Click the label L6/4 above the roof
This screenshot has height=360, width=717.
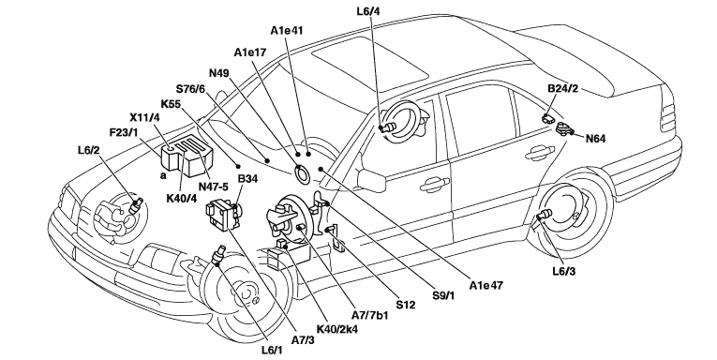click(x=368, y=11)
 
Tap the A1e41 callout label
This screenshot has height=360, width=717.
click(x=287, y=31)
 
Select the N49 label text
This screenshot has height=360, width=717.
click(x=219, y=74)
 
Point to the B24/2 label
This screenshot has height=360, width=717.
click(x=563, y=88)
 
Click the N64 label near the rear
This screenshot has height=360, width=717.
click(x=595, y=138)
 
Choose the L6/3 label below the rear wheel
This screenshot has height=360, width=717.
click(x=564, y=271)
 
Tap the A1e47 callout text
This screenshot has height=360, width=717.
click(x=486, y=285)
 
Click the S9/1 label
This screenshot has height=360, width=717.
click(x=443, y=295)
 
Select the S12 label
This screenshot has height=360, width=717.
click(x=405, y=305)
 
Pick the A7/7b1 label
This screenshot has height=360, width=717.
click(x=369, y=316)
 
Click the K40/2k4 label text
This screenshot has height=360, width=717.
click(x=337, y=329)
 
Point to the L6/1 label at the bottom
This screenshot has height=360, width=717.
click(x=272, y=351)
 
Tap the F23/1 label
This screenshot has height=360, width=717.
click(x=124, y=132)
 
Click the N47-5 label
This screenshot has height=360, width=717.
click(x=213, y=187)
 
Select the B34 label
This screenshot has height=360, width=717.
click(x=247, y=179)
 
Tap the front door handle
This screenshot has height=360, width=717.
click(x=434, y=184)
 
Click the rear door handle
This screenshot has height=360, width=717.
click(x=539, y=154)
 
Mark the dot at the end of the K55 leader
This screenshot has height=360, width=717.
click(x=238, y=166)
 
